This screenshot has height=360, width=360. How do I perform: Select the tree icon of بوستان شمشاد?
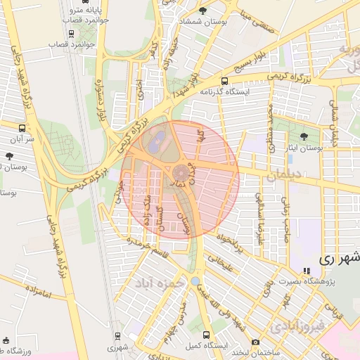(203, 11)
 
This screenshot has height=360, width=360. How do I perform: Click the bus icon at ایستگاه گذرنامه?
(224, 81)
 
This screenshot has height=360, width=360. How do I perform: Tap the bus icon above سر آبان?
(22, 129)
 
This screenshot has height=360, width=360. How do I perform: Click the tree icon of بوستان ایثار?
(304, 136)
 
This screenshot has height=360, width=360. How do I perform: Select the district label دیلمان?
(284, 176)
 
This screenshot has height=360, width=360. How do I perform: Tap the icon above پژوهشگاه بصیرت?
(306, 271)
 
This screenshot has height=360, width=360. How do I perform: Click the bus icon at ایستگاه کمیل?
(206, 335)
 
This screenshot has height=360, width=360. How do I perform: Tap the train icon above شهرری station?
(117, 336)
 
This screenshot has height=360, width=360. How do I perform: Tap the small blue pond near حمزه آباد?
(195, 281)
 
